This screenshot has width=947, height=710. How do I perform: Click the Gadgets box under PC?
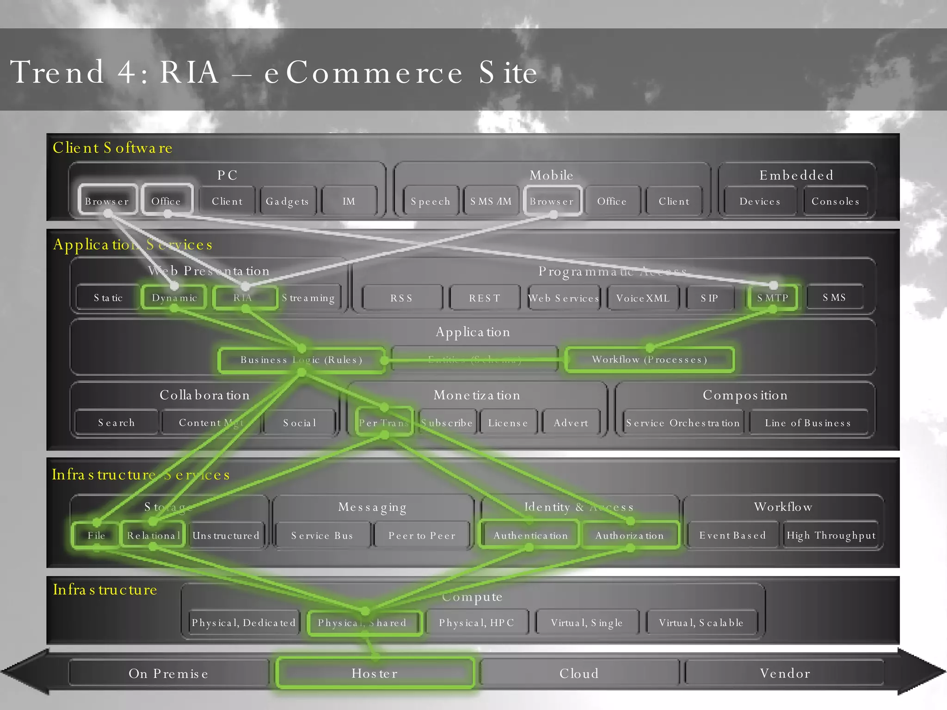[287, 201]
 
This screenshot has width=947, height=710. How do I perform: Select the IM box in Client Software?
[349, 201]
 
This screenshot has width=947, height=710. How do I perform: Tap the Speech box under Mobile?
[430, 201]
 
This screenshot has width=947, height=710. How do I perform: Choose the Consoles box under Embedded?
[835, 201]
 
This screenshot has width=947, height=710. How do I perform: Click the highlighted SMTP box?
[772, 298]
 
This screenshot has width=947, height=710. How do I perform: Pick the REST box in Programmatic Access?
[485, 298]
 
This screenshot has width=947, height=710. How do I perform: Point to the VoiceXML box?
[643, 298]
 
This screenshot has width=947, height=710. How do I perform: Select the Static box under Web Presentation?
[108, 298]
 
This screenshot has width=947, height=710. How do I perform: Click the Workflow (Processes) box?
[649, 360]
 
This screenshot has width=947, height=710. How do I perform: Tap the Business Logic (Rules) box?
[301, 360]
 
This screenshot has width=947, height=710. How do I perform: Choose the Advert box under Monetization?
[571, 422]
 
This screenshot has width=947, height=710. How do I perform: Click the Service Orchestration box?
[683, 422]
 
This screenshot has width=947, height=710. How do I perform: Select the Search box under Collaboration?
[116, 422]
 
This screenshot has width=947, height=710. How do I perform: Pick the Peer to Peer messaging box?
[422, 535]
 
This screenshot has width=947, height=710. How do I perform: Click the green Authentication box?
[530, 535]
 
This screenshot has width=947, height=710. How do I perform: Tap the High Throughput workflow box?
[831, 535]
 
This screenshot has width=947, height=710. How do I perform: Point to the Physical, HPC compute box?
[476, 623]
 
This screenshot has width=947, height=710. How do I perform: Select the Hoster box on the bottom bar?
[375, 673]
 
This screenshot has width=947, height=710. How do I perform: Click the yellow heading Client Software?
[112, 147]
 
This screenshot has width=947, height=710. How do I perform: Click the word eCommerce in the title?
[363, 73]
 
